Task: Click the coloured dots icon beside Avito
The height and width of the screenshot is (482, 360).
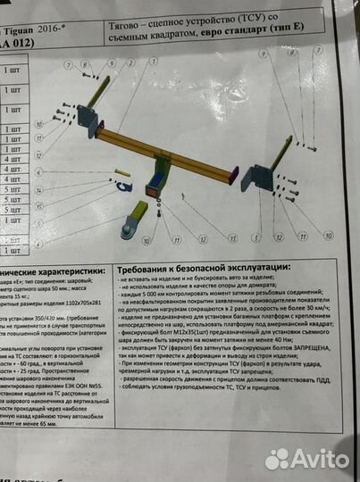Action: click(x=280, y=459)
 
